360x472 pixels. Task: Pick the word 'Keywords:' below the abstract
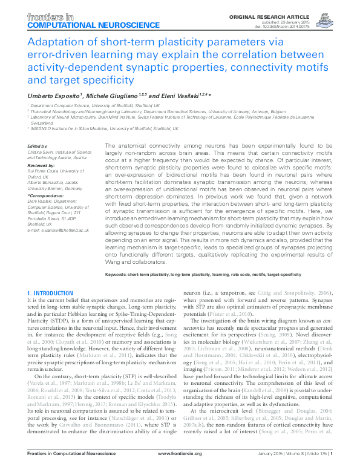118,274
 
